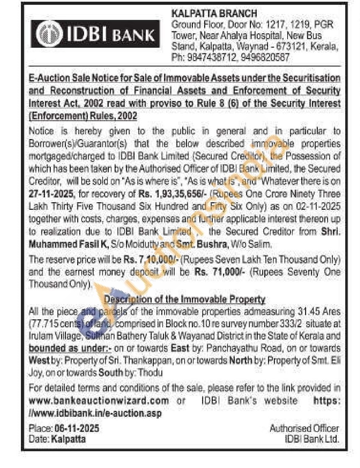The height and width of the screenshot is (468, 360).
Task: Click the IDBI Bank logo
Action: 95,34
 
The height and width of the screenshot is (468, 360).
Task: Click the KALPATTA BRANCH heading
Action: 214,14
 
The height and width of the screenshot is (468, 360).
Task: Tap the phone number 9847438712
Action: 212,57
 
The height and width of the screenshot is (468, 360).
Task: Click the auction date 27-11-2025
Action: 51,194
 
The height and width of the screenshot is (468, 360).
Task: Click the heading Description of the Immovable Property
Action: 185,299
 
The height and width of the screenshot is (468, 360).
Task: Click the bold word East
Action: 180,348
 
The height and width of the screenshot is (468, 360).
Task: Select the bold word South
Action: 111,373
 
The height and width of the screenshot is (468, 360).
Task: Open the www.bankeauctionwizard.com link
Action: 99,401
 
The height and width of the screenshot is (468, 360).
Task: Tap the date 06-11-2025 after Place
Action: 77,428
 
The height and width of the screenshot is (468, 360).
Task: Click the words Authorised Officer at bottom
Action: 304,428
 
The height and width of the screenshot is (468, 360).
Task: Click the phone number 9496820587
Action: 265,57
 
